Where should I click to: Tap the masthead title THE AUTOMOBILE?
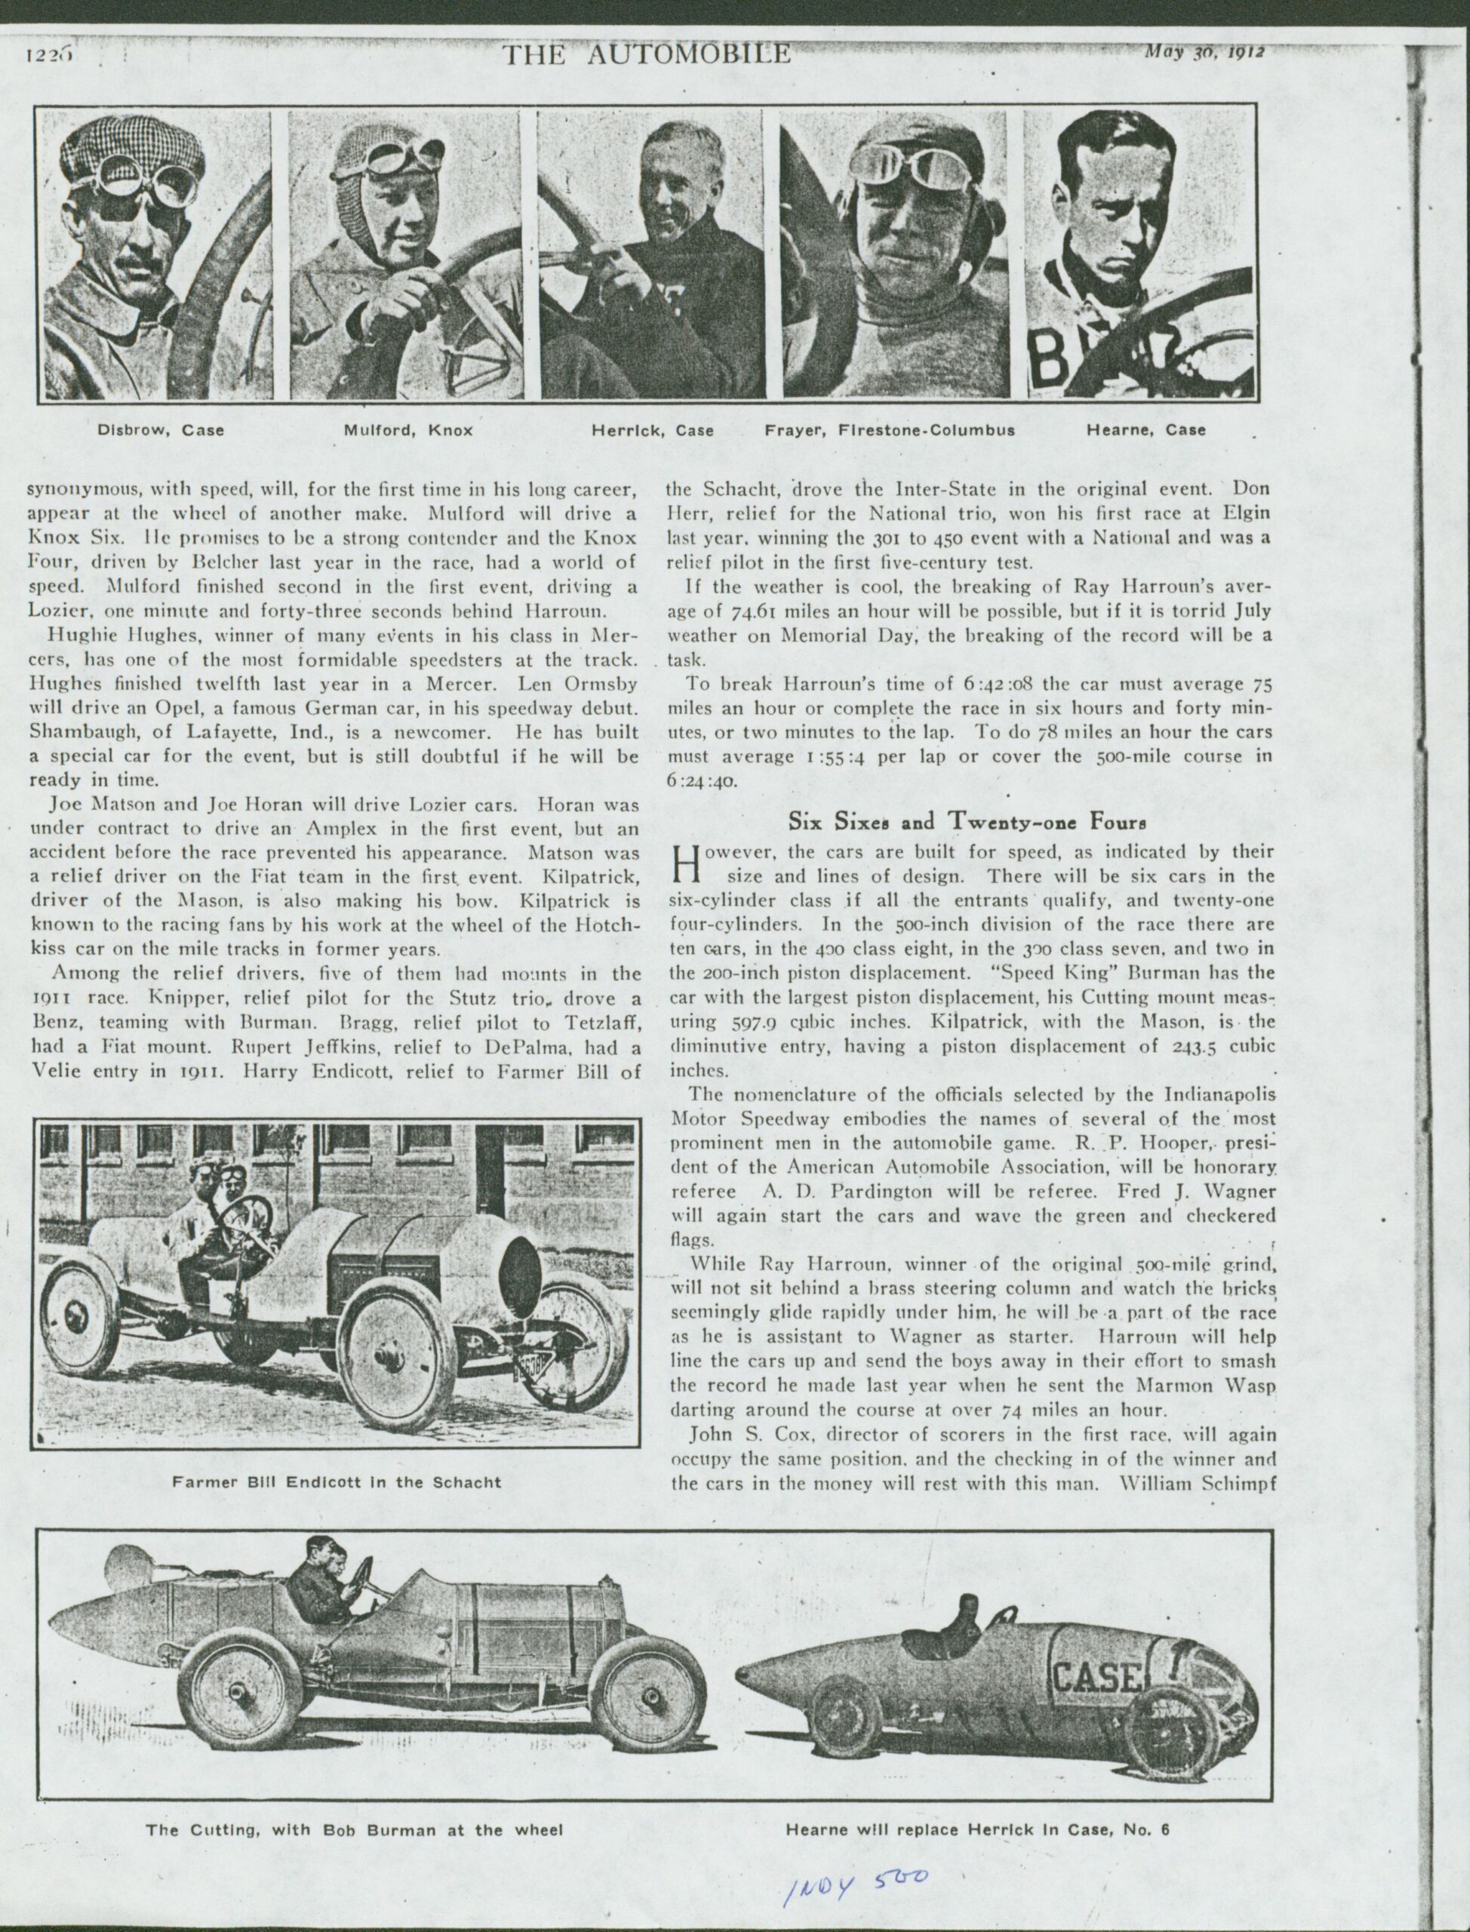tap(647, 54)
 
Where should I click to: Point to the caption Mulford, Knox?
tap(407, 430)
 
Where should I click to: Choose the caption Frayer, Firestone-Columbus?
tap(890, 430)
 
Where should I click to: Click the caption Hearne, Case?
tap(1146, 430)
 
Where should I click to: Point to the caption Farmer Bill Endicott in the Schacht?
tap(337, 1481)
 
